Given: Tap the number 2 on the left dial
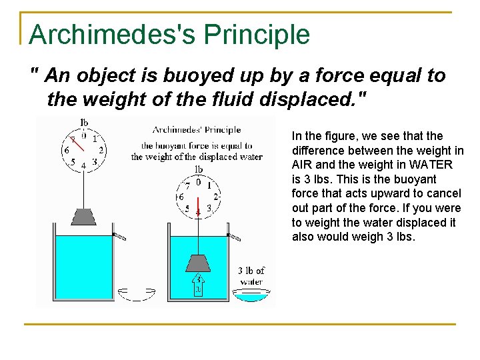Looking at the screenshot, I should click(x=101, y=150).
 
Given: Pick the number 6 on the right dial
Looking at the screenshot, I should click(x=181, y=197).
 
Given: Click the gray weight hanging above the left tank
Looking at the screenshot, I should click(x=84, y=217).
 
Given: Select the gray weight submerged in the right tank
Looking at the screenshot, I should click(x=198, y=263).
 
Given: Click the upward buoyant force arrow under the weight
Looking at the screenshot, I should click(x=198, y=285).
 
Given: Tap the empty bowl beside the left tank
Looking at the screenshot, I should click(x=136, y=293).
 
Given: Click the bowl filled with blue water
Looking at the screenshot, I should click(x=252, y=294).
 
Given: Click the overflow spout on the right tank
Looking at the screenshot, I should click(x=234, y=236).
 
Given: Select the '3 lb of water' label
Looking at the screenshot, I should click(x=251, y=276).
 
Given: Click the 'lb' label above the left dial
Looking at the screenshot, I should click(x=84, y=123).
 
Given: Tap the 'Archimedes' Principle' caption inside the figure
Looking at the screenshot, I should click(x=197, y=130).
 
